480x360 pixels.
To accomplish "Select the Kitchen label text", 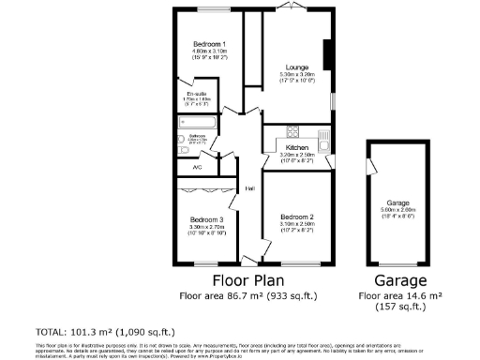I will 297,148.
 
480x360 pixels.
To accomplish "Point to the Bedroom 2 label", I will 296,217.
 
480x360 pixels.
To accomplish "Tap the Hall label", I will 250,188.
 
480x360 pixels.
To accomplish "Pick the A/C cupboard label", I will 197,167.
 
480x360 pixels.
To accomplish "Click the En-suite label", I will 197,94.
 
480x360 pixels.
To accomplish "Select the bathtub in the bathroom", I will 197,122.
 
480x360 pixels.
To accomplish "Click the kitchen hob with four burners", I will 292,131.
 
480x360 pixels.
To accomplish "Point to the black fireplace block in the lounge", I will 326,53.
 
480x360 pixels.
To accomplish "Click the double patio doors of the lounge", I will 293,8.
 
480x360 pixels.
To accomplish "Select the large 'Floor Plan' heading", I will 248,280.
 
